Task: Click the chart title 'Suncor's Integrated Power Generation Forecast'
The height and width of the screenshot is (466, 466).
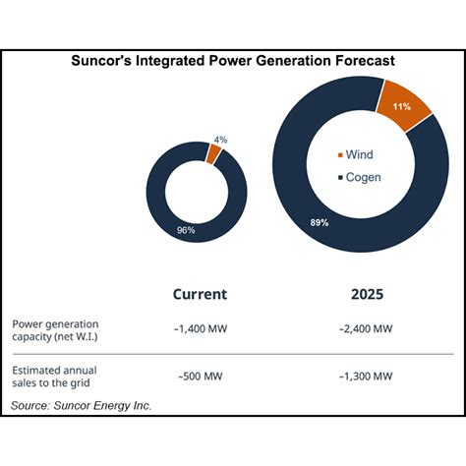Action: [233, 60]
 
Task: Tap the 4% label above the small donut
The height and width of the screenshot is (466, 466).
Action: [220, 140]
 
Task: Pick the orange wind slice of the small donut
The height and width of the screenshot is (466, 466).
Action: [213, 153]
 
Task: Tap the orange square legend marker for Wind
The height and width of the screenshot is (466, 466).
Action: [339, 155]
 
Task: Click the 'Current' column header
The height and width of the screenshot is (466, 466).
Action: [200, 293]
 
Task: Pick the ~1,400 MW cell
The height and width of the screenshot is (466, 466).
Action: [201, 328]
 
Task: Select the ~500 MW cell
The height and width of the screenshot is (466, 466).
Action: [201, 375]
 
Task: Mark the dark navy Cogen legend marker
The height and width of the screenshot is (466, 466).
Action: [339, 177]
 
